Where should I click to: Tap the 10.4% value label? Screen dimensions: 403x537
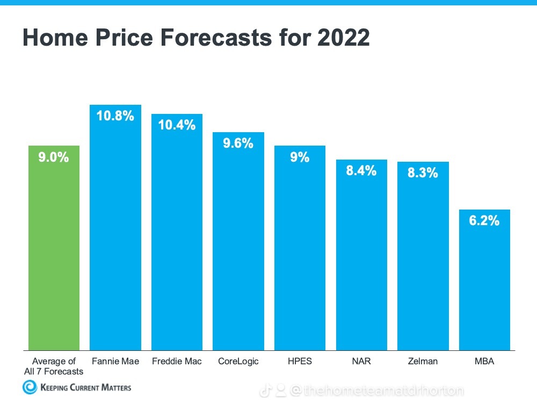tap(177, 125)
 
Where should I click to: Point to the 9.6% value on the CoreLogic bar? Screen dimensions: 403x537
tap(238, 143)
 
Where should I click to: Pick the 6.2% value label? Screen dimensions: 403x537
tap(484, 220)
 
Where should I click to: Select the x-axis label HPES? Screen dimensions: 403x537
tap(300, 362)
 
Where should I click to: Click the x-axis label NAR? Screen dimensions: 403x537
tap(361, 362)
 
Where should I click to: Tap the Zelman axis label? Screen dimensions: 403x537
tap(423, 362)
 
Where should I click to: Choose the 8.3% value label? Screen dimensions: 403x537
tap(423, 173)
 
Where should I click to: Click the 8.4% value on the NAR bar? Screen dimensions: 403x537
tap(361, 171)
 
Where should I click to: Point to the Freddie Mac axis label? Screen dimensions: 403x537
tap(177, 362)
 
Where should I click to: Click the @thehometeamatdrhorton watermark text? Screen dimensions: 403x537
tap(376, 391)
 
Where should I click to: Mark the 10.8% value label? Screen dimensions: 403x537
tap(115, 116)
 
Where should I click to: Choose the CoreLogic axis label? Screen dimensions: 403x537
tap(238, 362)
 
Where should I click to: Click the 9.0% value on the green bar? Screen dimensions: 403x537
tap(54, 157)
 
